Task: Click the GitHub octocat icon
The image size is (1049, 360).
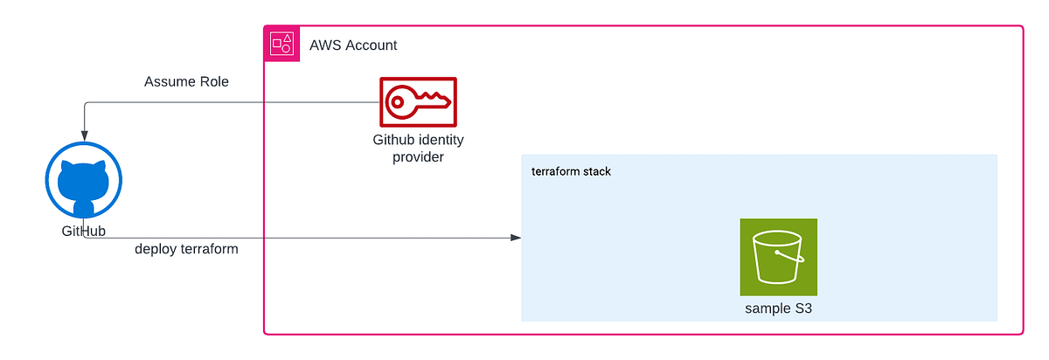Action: pos(83,183)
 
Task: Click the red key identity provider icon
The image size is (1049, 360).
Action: pos(417,102)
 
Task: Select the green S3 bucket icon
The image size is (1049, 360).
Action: pos(778,256)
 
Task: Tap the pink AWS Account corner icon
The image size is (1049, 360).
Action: pos(281,44)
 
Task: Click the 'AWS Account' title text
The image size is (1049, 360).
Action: pos(353,45)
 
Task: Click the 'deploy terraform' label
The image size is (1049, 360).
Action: pos(186,249)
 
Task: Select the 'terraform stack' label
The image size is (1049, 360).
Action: pos(571,171)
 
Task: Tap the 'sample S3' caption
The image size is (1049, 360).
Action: pos(778,308)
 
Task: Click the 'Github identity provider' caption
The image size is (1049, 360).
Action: pos(418,148)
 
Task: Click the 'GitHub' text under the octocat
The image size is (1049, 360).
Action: pos(83,231)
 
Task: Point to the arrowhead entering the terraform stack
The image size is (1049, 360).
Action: pos(516,238)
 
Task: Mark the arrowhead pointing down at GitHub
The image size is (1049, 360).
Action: pos(83,135)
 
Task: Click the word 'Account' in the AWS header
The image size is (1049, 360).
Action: pos(371,45)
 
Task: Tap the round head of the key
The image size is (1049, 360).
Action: pos(398,102)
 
